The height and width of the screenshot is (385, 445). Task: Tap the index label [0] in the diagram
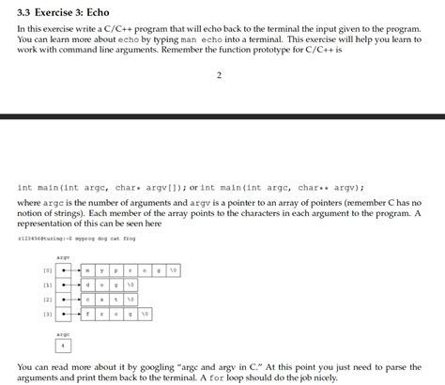coord(47,269)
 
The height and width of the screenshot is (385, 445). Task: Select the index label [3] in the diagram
coord(47,314)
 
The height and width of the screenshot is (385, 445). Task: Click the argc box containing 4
coord(63,344)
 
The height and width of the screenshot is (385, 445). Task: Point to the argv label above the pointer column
coord(63,255)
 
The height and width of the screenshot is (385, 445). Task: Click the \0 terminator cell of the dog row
coord(131,284)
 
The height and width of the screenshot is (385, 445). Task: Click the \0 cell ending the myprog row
coord(176,269)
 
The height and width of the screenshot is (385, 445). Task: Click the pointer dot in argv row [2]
coord(63,299)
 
